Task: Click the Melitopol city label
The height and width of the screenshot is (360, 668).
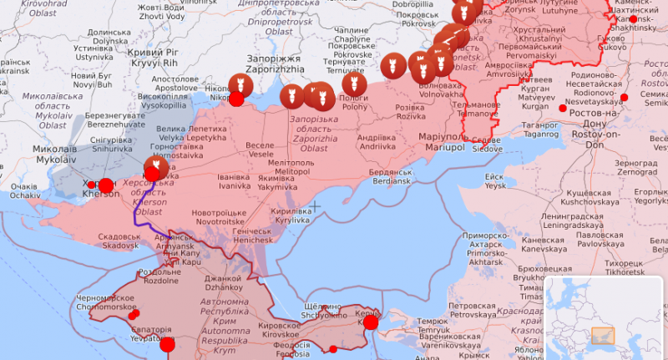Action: (x=292, y=166)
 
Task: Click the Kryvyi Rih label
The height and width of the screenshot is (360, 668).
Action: (x=152, y=58)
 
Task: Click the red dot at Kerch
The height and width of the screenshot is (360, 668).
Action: (x=370, y=322)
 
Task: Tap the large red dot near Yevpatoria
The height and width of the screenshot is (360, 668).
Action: (x=168, y=344)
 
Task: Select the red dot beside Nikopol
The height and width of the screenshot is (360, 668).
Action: (x=236, y=99)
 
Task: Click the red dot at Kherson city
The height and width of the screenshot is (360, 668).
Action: (x=105, y=185)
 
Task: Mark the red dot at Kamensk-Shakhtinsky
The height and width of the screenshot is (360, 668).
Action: (x=633, y=19)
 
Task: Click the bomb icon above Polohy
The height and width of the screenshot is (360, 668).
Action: (x=354, y=84)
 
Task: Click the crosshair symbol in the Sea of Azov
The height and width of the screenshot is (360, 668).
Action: (x=315, y=205)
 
